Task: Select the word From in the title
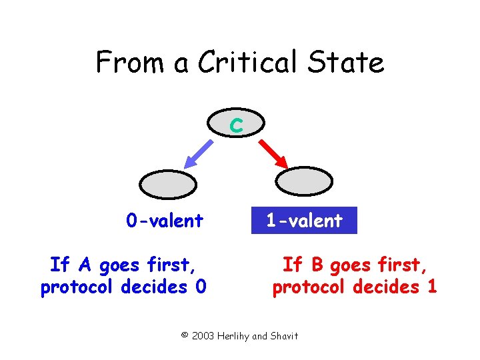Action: (x=122, y=63)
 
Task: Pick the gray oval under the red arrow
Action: (x=303, y=181)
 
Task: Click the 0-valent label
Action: (x=165, y=221)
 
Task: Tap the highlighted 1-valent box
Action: (x=304, y=221)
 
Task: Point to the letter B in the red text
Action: (x=317, y=265)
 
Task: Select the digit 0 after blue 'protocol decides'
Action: (x=201, y=287)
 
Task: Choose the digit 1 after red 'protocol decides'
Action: (x=432, y=287)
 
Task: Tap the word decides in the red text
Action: (x=388, y=287)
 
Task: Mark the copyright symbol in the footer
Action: (x=185, y=335)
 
